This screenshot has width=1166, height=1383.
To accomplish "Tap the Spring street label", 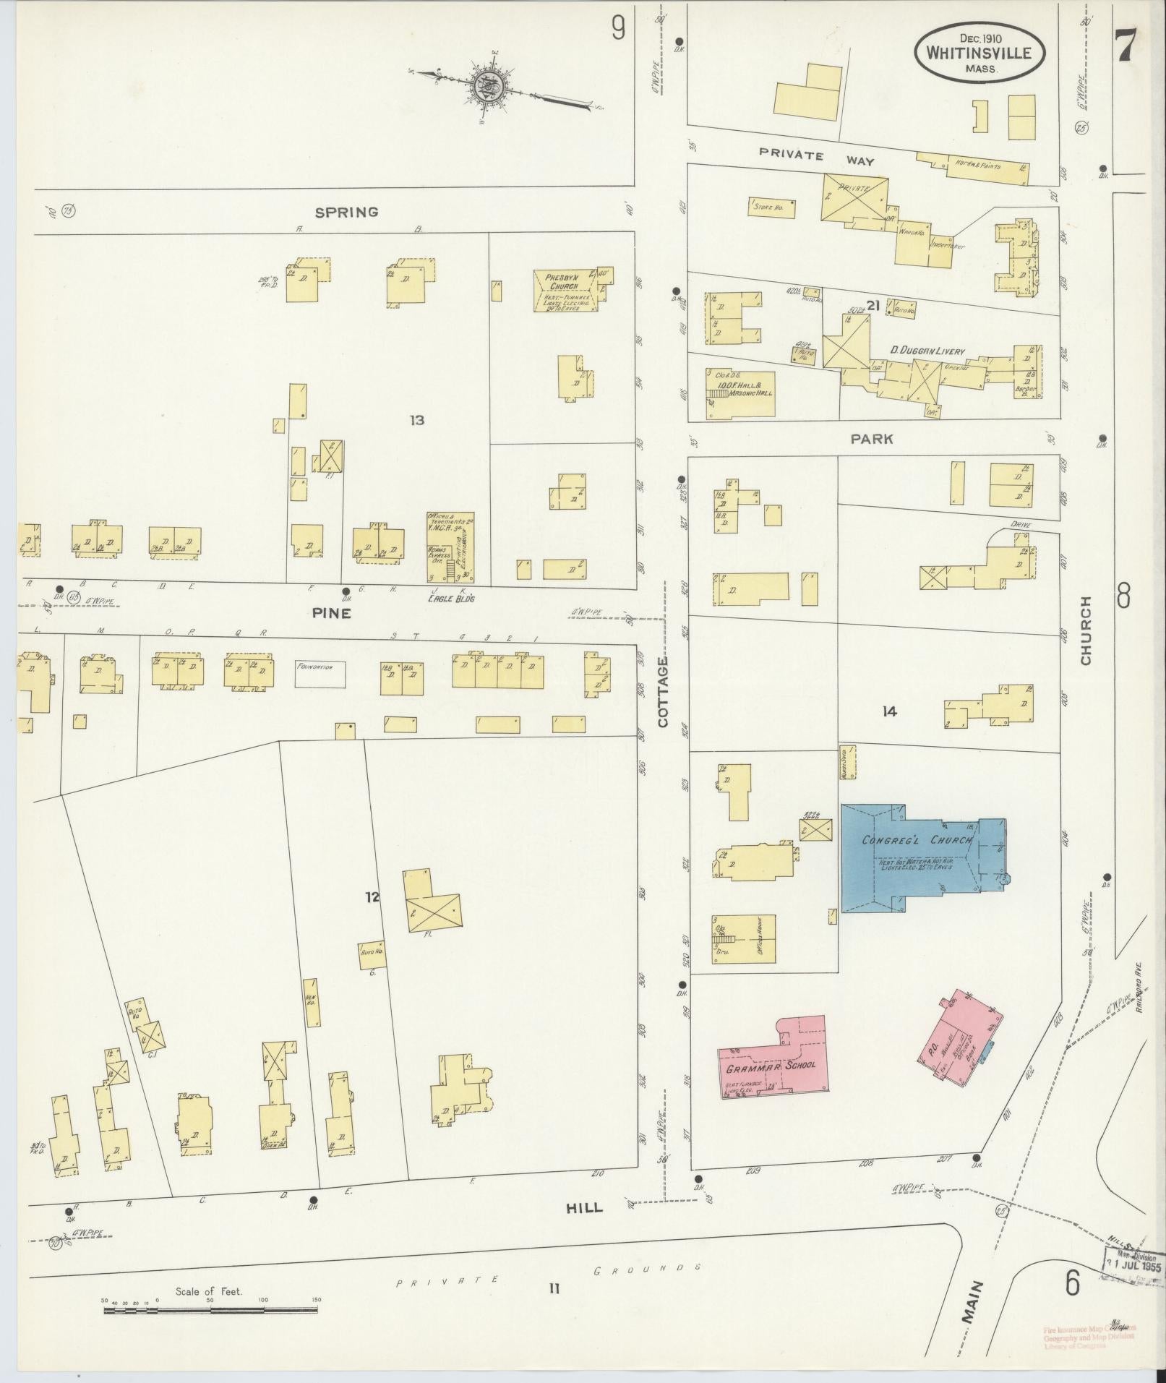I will tap(346, 212).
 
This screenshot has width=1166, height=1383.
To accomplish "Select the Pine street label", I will tap(331, 613).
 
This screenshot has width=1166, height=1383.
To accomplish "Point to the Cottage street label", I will tap(663, 691).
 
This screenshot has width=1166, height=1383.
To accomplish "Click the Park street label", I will tap(871, 439).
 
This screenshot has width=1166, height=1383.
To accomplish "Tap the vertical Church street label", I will tap(1085, 630).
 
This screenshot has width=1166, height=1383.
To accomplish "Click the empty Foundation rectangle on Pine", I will tap(320, 674).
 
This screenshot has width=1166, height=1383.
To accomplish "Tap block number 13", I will tap(416, 420).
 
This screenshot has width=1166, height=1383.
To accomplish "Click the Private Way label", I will tap(816, 158).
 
